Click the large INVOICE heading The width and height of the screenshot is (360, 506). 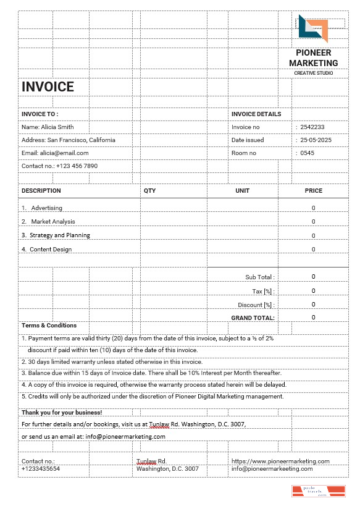(x=48, y=87)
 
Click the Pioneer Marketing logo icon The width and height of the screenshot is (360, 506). (x=313, y=29)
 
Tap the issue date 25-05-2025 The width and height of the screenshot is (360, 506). (x=316, y=140)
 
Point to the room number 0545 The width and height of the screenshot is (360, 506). (x=307, y=153)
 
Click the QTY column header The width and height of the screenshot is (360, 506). (x=150, y=191)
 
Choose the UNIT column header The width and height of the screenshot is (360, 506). (x=243, y=191)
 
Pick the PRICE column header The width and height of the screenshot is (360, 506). (x=314, y=191)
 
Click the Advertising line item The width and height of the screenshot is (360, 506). (x=46, y=208)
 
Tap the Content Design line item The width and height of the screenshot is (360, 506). (x=50, y=250)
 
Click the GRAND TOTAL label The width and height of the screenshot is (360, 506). (x=253, y=318)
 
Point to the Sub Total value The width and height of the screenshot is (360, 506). (x=314, y=277)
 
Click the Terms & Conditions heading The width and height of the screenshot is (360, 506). (x=49, y=326)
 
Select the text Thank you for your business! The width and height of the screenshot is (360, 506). (x=62, y=412)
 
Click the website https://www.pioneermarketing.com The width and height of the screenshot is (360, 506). (x=280, y=461)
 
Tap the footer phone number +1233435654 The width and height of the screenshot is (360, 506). (x=41, y=469)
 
